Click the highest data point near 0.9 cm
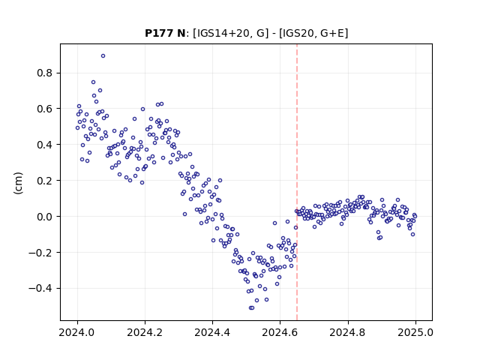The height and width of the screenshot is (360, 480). tap(103, 56)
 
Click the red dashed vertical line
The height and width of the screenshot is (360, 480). tap(297, 182)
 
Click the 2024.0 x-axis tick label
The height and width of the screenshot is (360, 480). tap(77, 332)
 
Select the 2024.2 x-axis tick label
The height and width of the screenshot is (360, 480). tap(145, 332)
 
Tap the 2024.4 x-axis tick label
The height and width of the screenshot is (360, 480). tap(212, 332)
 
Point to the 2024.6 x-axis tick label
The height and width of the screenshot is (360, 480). tap(280, 332)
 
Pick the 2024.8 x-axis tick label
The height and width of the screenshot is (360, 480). tap(348, 332)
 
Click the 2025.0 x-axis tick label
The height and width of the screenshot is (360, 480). tap(415, 332)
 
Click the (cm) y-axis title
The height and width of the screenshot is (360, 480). tap(18, 183)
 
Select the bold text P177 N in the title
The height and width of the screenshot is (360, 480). tap(165, 33)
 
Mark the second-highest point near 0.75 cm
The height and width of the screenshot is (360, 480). tap(93, 82)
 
